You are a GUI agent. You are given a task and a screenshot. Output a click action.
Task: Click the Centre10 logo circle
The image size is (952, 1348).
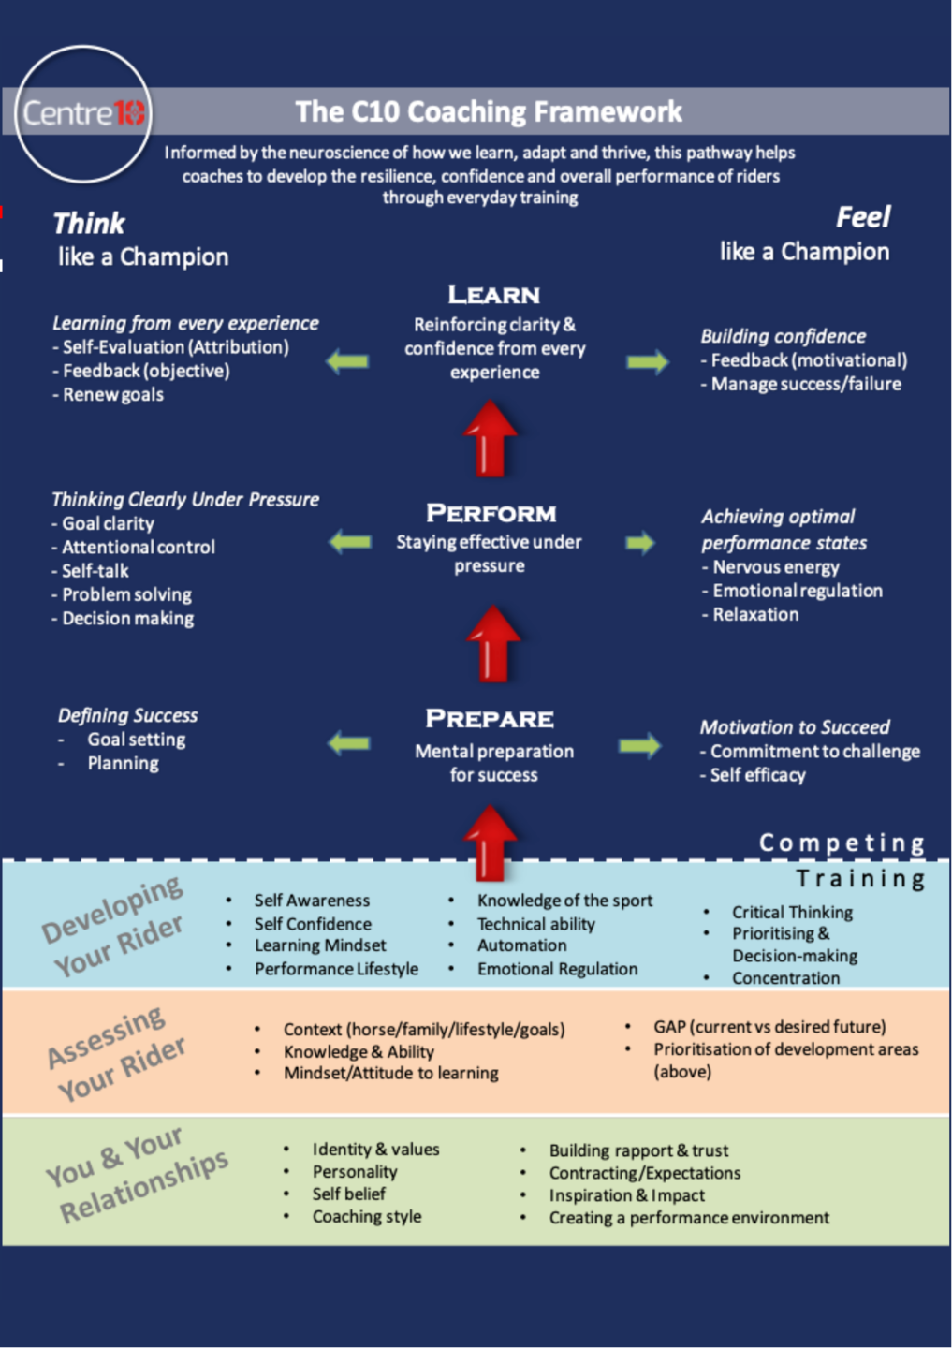point(83,113)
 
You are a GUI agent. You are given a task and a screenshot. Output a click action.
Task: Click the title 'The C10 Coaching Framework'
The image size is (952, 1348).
point(489,112)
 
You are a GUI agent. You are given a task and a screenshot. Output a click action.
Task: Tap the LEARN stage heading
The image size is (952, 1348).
point(493,295)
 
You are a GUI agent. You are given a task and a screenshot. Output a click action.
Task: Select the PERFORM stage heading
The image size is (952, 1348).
point(491,513)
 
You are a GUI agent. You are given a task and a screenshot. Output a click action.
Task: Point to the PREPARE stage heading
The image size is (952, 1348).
point(490,719)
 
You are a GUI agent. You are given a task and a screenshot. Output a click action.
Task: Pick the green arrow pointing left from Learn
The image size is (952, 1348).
point(347,361)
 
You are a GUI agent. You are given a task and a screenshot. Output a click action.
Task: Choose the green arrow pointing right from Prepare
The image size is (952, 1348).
point(639,746)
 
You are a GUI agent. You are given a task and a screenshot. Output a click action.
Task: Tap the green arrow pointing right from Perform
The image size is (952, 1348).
point(640,543)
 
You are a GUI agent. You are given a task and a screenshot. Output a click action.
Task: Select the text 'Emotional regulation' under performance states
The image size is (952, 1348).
point(797,591)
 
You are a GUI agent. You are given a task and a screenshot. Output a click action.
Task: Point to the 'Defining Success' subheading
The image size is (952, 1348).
point(128,716)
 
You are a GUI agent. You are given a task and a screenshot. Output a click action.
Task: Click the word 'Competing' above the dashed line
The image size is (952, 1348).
point(842,843)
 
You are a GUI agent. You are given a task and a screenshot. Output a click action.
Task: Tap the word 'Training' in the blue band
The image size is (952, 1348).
point(860,879)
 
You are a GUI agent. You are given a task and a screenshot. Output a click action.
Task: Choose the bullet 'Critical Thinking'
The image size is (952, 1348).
point(792,913)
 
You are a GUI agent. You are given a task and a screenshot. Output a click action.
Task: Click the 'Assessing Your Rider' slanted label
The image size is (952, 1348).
point(116,1054)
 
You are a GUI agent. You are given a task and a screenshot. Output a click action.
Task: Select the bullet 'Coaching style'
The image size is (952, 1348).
point(367,1217)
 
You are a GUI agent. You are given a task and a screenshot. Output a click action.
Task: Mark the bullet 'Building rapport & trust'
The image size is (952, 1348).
point(638,1151)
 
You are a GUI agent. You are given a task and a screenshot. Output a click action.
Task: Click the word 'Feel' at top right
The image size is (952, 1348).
point(862,218)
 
